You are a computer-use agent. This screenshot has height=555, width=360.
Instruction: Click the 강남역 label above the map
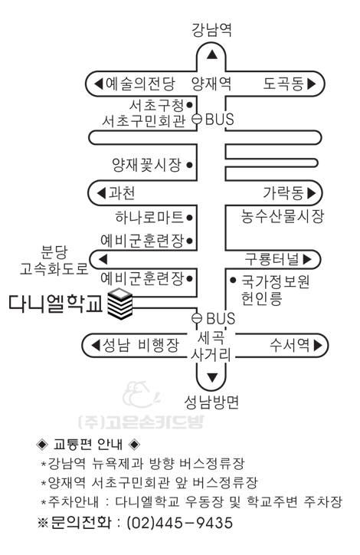[x=211, y=29]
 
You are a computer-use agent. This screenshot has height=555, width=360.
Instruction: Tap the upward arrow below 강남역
[x=212, y=54]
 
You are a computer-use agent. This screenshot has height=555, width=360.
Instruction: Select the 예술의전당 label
[x=140, y=84]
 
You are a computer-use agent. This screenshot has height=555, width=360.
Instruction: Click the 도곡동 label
[x=283, y=84]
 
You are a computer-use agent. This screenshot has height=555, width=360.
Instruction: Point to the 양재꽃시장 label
[x=147, y=165]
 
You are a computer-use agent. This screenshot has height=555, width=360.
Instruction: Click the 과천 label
[x=121, y=193]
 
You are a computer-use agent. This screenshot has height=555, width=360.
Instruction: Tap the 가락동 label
[x=283, y=193]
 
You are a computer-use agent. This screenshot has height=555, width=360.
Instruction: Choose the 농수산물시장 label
[x=282, y=216]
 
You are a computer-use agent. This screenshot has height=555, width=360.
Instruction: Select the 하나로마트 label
[x=149, y=217]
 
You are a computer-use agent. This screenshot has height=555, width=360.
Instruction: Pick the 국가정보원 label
[x=276, y=281]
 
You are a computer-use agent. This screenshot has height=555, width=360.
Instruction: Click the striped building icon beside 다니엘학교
[x=120, y=304]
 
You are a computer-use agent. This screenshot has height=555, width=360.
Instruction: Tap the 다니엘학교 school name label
[x=55, y=304]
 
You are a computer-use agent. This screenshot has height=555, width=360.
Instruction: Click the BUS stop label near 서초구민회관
[x=219, y=120]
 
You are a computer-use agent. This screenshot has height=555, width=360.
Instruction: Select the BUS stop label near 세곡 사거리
[x=221, y=319]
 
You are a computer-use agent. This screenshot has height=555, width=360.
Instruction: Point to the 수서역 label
[x=290, y=344]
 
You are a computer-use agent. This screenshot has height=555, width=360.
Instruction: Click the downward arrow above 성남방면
[x=212, y=378]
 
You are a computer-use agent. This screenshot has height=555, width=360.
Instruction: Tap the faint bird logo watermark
[x=141, y=394]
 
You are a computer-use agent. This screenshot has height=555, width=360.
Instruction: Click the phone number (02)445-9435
[x=180, y=523]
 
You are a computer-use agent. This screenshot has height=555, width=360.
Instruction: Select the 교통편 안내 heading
[x=88, y=444]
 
